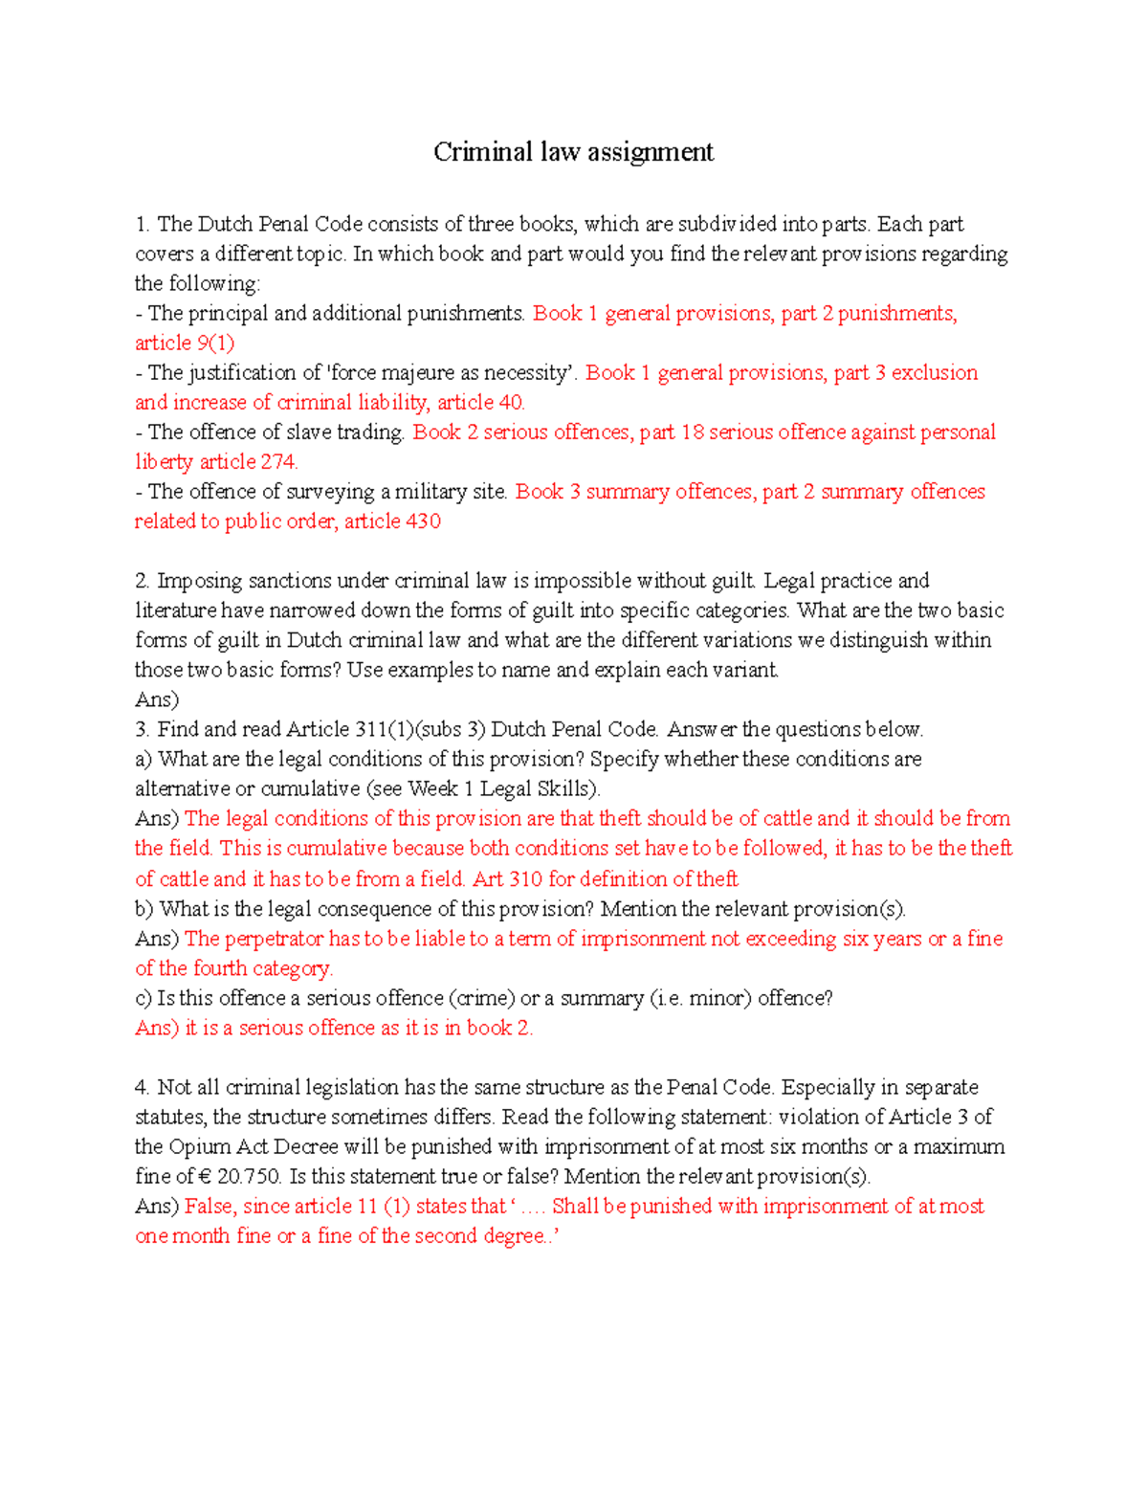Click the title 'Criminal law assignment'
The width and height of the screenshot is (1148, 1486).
pos(573,152)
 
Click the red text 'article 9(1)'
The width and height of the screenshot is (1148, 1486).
pos(184,343)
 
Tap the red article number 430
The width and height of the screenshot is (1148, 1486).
pos(423,521)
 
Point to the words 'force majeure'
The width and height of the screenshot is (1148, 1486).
pos(386,372)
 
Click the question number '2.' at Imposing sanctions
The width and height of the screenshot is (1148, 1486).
pos(143,581)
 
